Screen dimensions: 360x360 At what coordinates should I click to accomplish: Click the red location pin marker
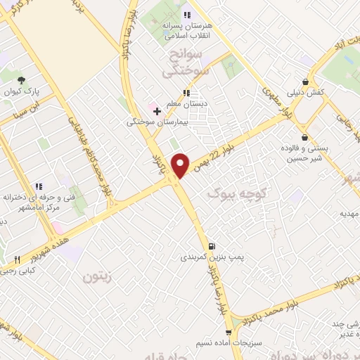tap(181, 165)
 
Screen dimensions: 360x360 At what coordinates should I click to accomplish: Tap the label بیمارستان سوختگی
tap(154, 122)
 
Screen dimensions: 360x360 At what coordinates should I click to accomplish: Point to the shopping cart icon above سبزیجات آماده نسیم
tap(228, 331)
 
